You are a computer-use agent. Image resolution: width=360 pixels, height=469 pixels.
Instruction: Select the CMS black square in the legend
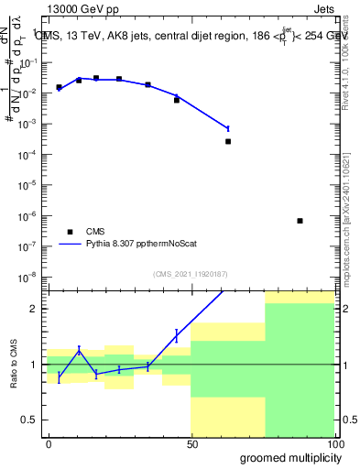(x=69, y=231)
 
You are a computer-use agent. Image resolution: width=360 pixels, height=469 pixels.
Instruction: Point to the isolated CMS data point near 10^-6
(x=300, y=221)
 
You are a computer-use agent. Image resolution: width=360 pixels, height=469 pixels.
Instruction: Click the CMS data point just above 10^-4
(x=228, y=141)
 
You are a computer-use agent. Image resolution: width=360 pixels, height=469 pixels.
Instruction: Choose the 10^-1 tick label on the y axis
(x=28, y=62)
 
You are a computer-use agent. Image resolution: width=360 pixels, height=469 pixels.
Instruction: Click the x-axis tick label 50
(x=191, y=443)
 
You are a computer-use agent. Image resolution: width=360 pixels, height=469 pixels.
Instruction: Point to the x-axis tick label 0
(x=49, y=443)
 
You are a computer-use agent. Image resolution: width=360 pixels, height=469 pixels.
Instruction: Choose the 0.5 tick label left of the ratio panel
(x=30, y=420)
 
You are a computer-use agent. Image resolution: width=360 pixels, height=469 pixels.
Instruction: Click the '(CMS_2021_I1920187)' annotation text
(x=191, y=272)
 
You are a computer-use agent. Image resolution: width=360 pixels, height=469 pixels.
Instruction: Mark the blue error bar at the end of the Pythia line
(x=228, y=128)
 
